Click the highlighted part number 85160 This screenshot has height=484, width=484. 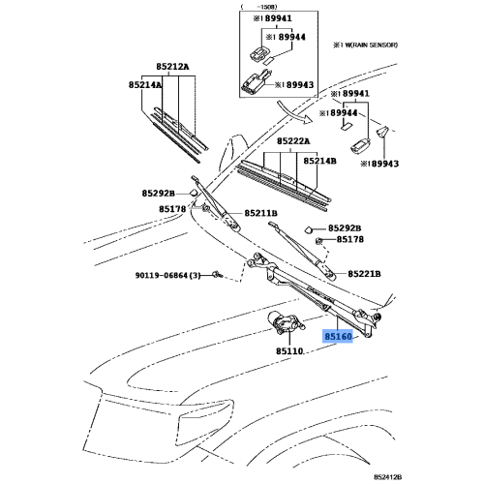click(338, 337)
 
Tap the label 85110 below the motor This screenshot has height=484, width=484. click(289, 351)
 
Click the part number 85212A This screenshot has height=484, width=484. click(172, 67)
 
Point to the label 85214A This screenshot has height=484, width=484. click(145, 85)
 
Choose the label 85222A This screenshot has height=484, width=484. click(293, 141)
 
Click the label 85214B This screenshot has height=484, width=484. click(319, 161)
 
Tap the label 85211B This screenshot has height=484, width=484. click(260, 213)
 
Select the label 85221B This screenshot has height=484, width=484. click(364, 274)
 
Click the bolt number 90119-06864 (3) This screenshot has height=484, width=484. click(167, 276)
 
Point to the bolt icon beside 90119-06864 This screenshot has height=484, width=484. click(217, 275)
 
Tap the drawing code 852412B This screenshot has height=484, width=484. click(388, 477)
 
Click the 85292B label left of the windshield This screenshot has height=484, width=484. click(159, 194)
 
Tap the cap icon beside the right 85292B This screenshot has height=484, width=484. click(308, 229)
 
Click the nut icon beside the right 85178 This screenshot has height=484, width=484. click(318, 240)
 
